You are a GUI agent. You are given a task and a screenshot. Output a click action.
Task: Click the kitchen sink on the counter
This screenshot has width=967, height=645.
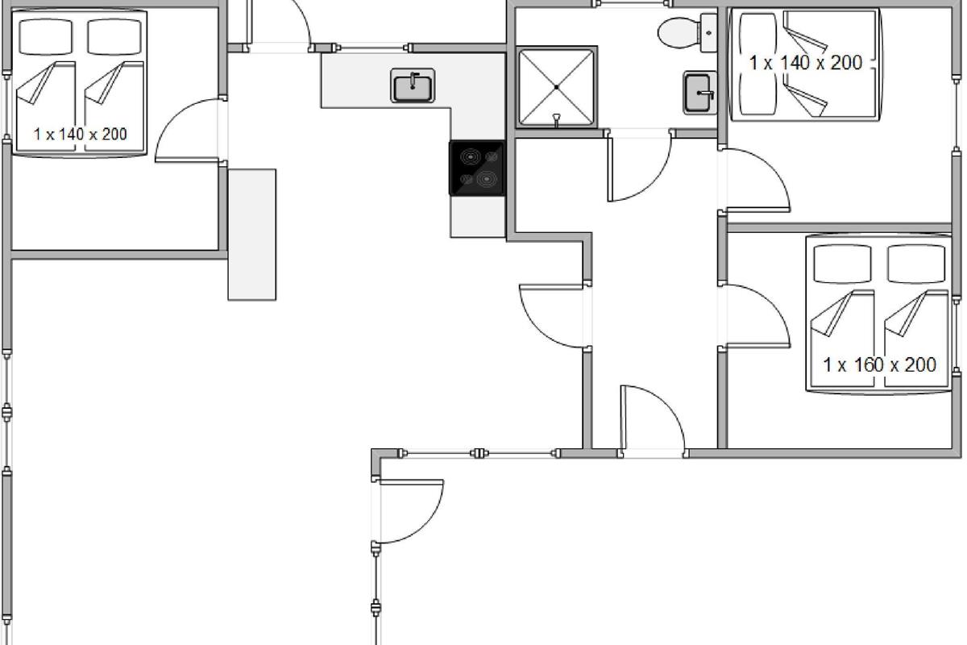413,85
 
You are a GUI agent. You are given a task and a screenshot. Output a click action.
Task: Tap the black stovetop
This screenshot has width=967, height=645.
477,168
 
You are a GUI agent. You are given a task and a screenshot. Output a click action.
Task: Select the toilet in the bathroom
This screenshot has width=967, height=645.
687,33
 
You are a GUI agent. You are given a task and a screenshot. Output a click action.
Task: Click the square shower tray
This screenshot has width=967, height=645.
557,87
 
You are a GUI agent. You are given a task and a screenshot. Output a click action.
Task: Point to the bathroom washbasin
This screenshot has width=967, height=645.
699,93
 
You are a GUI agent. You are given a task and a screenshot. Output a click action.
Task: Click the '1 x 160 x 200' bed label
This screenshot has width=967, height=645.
879,365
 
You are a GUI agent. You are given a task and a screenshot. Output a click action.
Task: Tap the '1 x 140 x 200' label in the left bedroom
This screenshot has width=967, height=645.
81,135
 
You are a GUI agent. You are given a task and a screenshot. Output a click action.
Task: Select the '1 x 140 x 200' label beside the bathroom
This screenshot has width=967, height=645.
806,63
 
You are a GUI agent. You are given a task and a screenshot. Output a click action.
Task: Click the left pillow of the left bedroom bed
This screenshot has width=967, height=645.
46,37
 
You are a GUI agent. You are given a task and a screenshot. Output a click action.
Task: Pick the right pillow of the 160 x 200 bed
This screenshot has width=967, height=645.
916,264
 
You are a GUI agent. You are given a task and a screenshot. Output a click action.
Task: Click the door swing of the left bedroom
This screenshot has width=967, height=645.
187,131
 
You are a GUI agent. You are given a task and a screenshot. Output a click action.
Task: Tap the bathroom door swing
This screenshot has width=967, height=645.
639,166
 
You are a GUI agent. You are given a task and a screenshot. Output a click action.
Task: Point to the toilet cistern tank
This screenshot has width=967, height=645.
708,33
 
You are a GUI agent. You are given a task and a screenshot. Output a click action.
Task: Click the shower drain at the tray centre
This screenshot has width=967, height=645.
557,87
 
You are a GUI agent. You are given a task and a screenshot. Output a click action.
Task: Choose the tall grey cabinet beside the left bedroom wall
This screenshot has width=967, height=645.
252,235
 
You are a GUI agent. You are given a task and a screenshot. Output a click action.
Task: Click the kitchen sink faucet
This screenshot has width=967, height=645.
413,81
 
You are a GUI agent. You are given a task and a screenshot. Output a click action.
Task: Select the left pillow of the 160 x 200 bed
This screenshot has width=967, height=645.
842,264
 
